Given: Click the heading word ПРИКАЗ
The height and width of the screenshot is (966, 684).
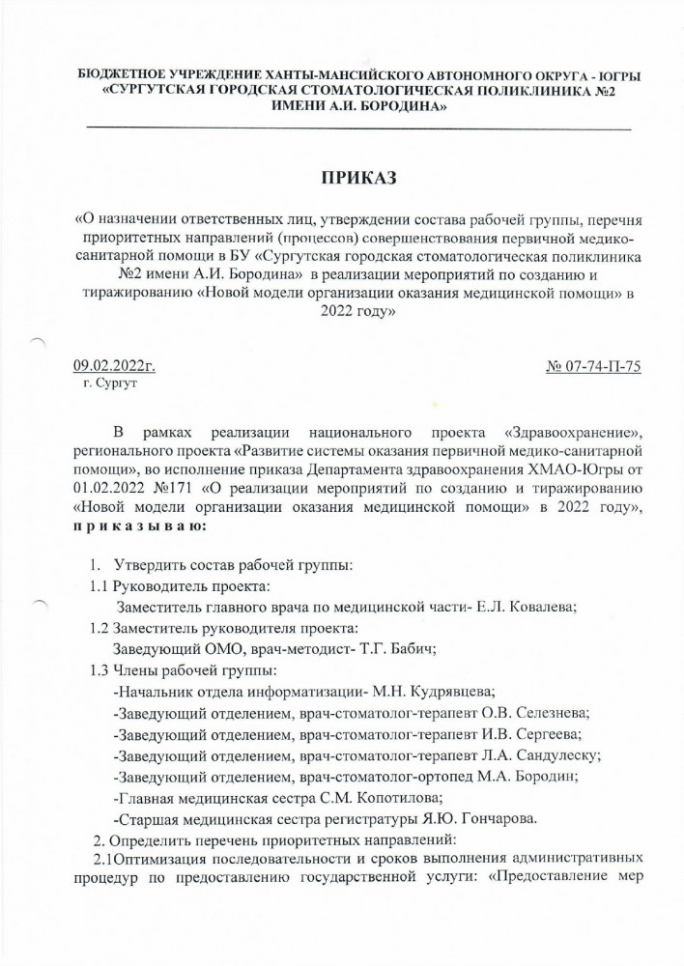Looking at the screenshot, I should tap(358, 178).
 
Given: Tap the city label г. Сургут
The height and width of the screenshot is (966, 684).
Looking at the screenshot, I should tap(110, 384).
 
